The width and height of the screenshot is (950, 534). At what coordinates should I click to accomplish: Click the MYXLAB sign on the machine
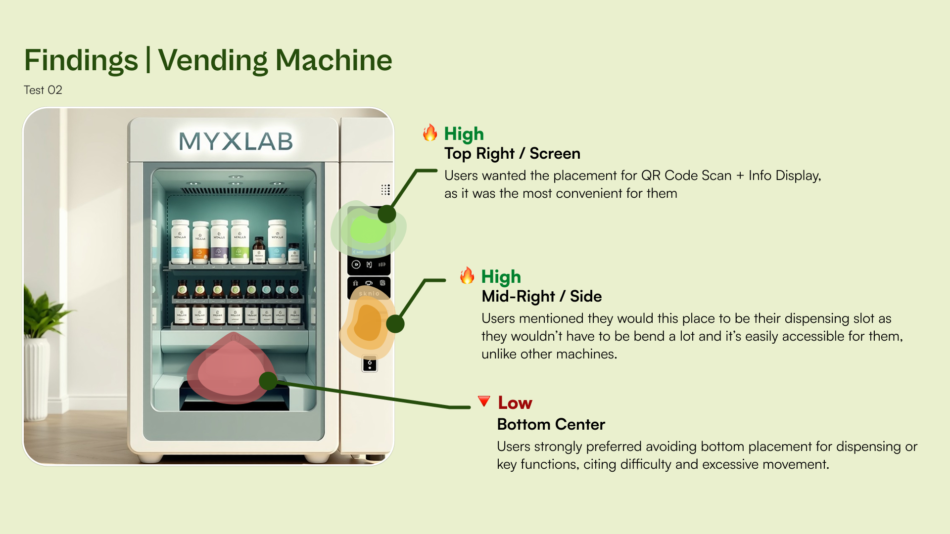(x=236, y=141)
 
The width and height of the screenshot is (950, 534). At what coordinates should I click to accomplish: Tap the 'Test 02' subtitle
(x=43, y=90)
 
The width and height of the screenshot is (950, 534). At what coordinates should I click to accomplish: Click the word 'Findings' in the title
(x=81, y=60)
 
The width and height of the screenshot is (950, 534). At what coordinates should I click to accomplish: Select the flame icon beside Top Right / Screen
(x=430, y=133)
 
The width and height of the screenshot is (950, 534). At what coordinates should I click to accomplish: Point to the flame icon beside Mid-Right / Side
(x=467, y=275)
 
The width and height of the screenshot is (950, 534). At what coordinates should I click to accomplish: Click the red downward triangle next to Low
(x=484, y=401)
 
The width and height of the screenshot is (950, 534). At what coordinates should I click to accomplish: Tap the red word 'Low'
(x=515, y=403)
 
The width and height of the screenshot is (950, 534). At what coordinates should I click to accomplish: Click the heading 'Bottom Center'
(x=551, y=424)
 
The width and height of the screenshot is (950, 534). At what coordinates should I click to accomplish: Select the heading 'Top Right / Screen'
(x=512, y=153)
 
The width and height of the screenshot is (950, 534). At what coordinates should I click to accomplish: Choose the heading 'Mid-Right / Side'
(x=541, y=296)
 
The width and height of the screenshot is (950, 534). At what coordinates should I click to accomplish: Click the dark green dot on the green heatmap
(x=387, y=214)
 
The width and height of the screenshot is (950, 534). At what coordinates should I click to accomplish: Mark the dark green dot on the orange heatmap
(x=395, y=324)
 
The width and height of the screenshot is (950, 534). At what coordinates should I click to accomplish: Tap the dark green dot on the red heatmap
(x=268, y=381)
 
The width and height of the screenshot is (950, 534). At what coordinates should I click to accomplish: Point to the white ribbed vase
(x=37, y=378)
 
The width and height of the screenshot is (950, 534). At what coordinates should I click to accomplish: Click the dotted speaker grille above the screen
(x=385, y=190)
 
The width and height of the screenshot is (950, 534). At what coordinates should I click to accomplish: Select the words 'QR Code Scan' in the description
(x=686, y=176)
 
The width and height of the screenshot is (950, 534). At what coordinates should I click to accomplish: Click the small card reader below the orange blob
(x=370, y=364)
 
